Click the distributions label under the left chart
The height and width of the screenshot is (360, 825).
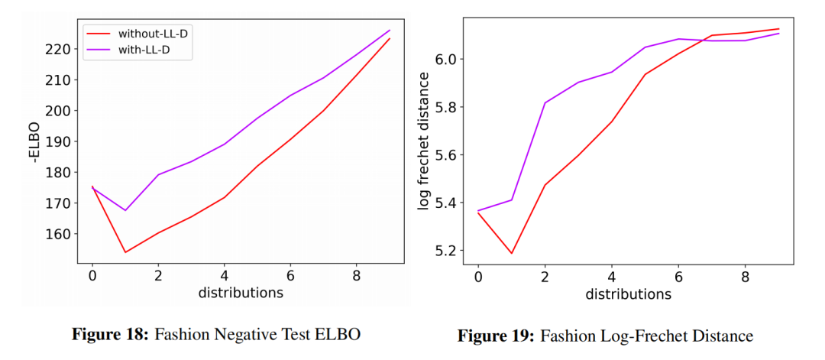pos(241,293)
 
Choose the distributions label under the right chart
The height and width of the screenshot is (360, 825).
pos(629,294)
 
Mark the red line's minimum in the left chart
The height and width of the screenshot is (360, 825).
pos(125,252)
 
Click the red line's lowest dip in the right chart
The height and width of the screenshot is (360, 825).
pos(512,253)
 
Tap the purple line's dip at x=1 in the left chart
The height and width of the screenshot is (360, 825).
pos(125,210)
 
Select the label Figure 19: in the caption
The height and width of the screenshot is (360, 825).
pos(496,336)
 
